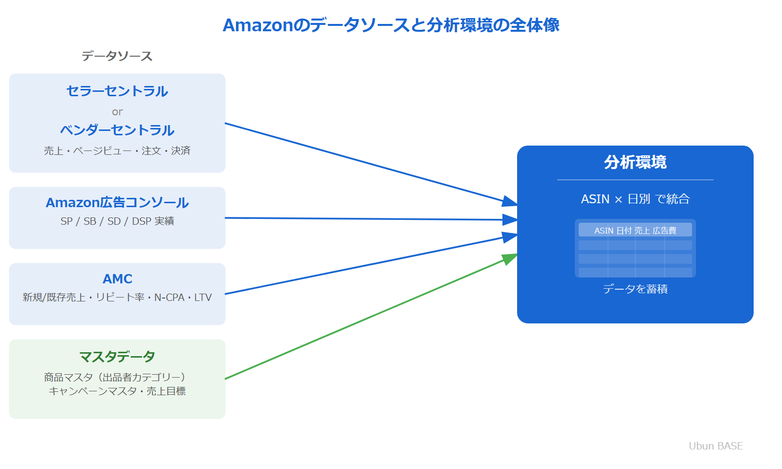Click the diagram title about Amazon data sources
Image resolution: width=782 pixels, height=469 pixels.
391,25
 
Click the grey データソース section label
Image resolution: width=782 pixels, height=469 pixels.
117,56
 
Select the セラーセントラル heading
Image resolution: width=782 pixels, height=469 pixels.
117,91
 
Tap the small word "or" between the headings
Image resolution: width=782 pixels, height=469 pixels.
117,112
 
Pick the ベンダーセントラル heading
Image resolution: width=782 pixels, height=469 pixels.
117,130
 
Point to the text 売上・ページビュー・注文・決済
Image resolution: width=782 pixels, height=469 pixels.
117,151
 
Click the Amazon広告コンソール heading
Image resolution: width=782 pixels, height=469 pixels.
117,203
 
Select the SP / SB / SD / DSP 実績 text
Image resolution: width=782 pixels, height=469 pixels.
117,221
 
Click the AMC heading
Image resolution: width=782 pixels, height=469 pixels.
117,279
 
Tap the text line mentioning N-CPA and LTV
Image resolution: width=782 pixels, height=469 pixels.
117,298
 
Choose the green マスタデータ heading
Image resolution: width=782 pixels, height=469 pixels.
117,357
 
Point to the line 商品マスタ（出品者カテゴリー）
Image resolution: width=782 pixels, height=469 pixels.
117,377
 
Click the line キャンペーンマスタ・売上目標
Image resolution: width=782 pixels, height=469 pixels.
117,391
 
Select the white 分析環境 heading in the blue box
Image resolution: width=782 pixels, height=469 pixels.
635,162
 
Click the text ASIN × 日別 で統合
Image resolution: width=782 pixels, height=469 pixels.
635,199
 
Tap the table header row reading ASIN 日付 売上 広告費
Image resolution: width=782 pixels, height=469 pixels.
635,230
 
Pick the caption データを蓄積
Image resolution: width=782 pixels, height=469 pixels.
635,289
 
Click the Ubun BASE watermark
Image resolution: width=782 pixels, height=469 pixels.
716,446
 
